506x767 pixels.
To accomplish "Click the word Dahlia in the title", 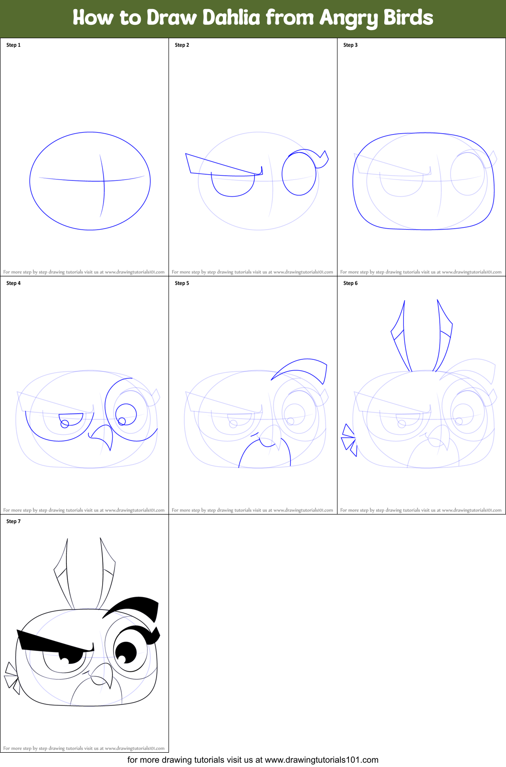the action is (x=232, y=17).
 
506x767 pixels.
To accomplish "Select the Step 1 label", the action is (x=13, y=45).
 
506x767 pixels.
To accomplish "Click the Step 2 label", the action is (x=182, y=45).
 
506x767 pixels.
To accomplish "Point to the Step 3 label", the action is (x=350, y=45).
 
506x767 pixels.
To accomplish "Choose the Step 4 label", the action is (x=13, y=283).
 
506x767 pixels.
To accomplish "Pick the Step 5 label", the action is (x=182, y=283).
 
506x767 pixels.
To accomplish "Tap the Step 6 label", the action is (x=350, y=283).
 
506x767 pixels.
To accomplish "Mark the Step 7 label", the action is (x=13, y=521).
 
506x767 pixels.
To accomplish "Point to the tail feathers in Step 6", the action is (x=349, y=440).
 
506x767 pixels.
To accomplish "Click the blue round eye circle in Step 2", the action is (x=299, y=174).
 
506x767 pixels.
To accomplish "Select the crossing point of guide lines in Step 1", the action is (x=104, y=181).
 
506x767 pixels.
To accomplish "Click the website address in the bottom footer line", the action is (x=321, y=760).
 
